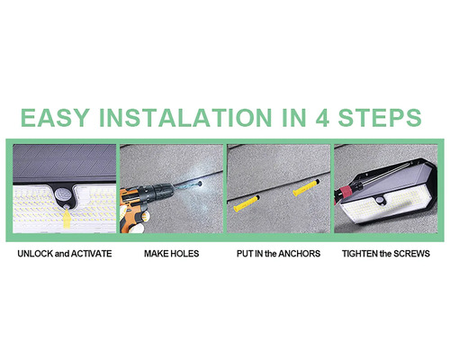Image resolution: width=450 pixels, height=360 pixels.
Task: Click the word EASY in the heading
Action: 55,117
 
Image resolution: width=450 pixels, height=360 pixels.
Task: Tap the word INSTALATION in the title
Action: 185,117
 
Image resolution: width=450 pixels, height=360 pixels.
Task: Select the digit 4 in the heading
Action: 322,117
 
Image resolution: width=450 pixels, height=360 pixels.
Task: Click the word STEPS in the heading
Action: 380,117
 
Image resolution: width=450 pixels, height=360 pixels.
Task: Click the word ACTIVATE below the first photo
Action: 91,254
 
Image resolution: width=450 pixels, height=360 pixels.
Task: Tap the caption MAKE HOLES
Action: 172,254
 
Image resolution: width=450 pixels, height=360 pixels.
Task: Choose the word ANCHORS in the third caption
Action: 299,254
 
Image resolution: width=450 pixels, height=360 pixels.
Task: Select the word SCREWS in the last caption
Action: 411,254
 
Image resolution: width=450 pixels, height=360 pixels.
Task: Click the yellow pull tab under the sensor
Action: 66,217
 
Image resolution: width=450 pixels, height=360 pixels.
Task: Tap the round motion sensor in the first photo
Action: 63,193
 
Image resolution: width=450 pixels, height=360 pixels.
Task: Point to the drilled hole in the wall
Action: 199,183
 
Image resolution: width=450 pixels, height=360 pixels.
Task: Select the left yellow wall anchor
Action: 247,202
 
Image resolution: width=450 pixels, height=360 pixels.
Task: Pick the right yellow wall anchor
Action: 306,187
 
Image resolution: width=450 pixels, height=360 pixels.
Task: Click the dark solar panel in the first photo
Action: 65,163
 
